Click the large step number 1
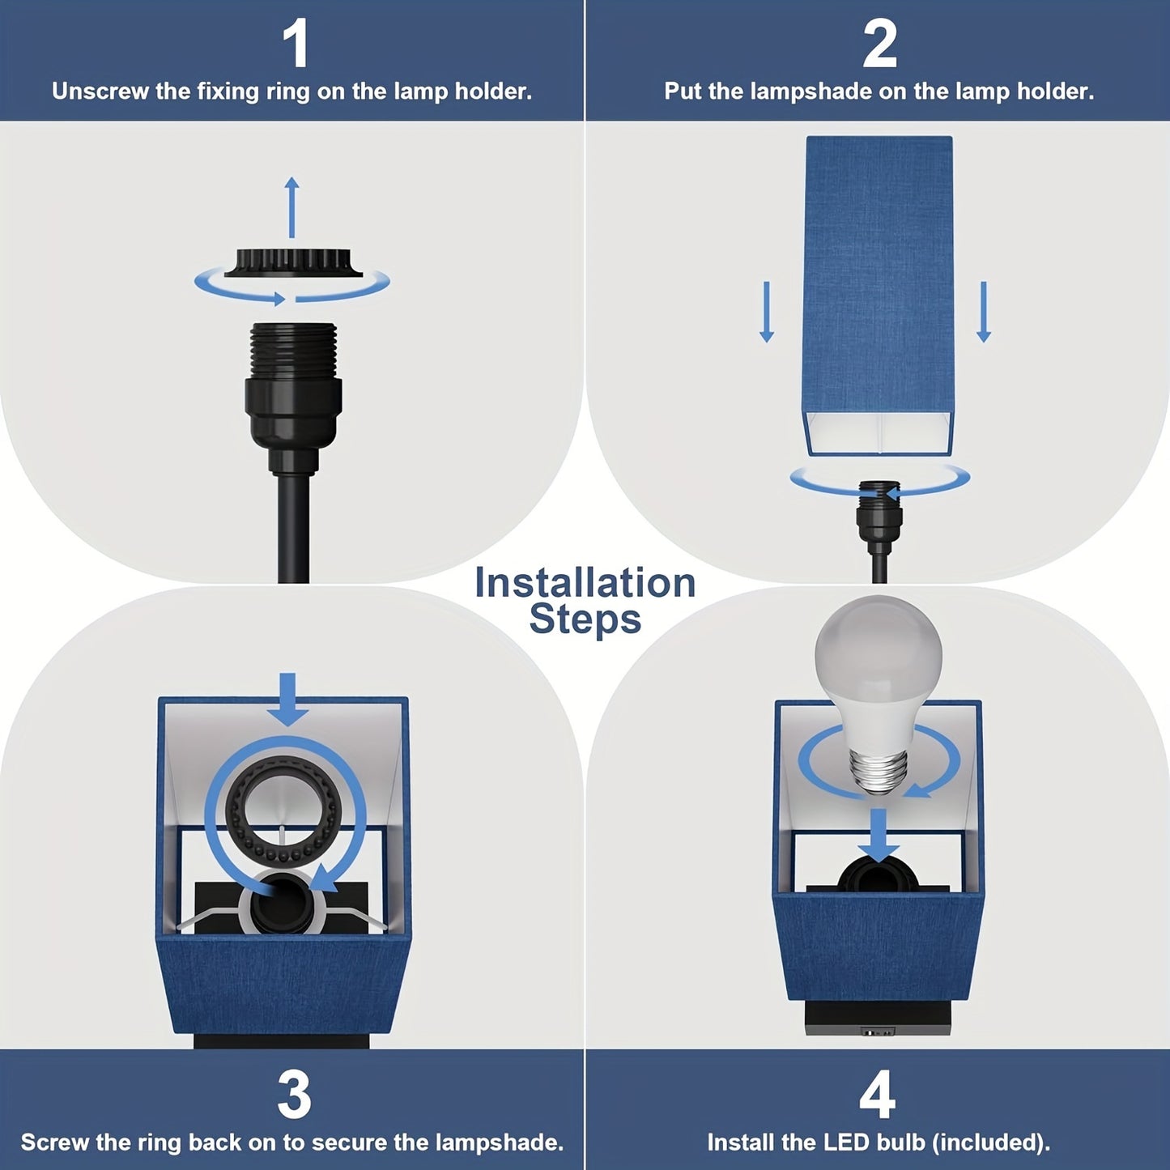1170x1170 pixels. coord(296,45)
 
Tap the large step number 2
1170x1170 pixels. coord(879,45)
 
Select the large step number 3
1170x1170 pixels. coord(293,1096)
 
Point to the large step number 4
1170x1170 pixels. coord(878,1096)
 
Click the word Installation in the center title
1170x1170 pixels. coord(585,583)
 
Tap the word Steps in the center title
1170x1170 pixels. coord(585,619)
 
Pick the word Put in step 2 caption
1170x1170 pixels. coord(684,91)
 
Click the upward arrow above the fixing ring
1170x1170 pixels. coord(292,207)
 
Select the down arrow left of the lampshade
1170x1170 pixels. coord(767,312)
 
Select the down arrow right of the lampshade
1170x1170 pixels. coord(984,312)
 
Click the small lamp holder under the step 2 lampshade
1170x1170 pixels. coord(879,506)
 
